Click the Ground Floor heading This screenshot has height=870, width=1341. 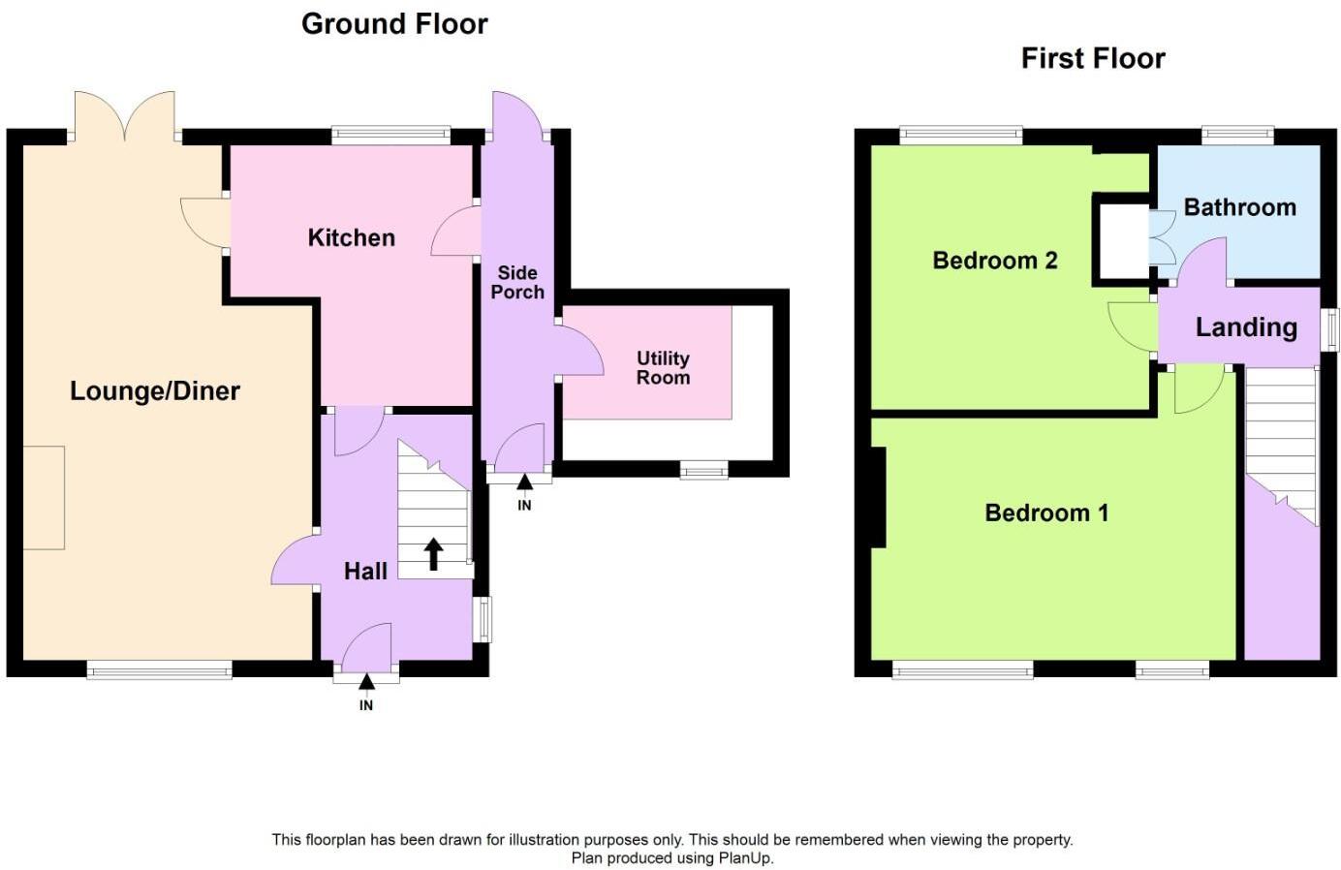pos(394,24)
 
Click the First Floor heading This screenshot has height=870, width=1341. pos(1092,59)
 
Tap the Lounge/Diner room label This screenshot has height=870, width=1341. pos(155,391)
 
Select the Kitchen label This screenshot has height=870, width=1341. pos(351,238)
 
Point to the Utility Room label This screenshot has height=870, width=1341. pos(663,368)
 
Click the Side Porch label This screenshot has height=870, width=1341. pos(516,283)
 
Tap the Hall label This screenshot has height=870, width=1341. pos(365,572)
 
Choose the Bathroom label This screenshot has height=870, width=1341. pos(1239,207)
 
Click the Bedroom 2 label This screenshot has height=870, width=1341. pos(994,261)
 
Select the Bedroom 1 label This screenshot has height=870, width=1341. pos(1046,513)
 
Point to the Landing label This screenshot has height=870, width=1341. pos(1245,327)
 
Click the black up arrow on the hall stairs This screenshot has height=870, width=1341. pos(434,553)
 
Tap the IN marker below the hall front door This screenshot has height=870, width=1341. pos(366,704)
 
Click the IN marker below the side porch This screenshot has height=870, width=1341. pos(524,504)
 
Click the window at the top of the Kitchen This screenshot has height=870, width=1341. pos(390,136)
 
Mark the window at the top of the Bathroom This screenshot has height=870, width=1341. pos(1237,136)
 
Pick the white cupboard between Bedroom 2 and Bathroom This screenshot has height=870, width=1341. pos(1121,239)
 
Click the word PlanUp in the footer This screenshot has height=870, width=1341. pos(745,857)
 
